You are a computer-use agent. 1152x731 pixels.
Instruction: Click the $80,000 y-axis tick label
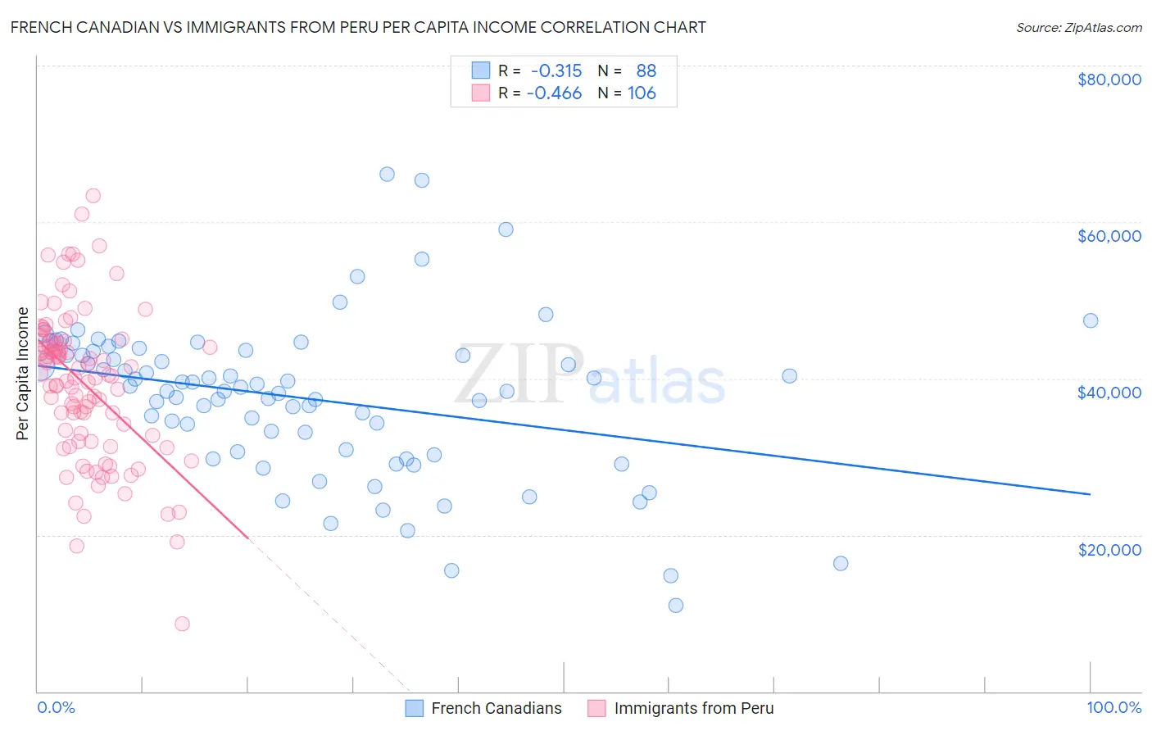coord(1109,79)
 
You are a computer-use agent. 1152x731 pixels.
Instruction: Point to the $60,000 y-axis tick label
coord(1109,236)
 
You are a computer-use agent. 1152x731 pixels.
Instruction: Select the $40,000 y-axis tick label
coord(1109,393)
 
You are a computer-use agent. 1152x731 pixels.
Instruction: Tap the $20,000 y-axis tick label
coord(1109,549)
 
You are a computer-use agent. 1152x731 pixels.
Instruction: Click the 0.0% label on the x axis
coord(56,707)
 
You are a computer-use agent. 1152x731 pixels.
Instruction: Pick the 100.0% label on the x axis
coord(1113,707)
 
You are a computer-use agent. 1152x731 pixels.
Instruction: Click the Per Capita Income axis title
coord(23,374)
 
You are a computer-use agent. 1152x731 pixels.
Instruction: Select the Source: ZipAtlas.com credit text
coord(1078,27)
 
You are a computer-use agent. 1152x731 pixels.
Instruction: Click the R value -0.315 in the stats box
coord(556,70)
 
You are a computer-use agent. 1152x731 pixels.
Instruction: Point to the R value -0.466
coord(554,93)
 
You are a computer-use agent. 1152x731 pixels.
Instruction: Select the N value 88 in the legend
coord(646,70)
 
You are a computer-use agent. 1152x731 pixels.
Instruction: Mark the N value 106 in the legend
coord(642,93)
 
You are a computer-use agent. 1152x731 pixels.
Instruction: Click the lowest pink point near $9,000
coord(182,624)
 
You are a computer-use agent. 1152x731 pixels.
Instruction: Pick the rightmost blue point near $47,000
coord(1090,320)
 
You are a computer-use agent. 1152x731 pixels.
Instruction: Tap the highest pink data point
coord(93,196)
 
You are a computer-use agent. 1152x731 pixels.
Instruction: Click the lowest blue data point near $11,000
coord(676,606)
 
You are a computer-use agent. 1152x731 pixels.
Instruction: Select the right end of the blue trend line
coord(1090,494)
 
